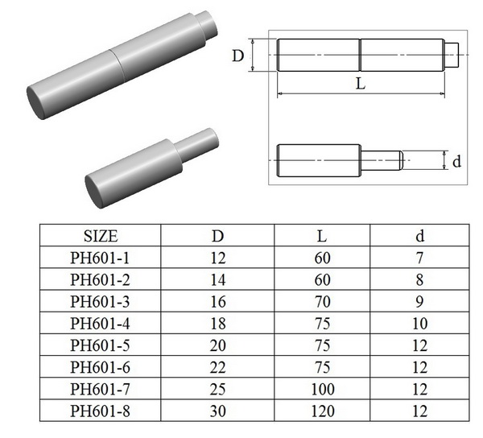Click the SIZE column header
101,236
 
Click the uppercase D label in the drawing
238,56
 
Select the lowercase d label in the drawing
456,160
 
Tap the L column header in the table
321,236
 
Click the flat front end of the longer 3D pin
39,102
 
